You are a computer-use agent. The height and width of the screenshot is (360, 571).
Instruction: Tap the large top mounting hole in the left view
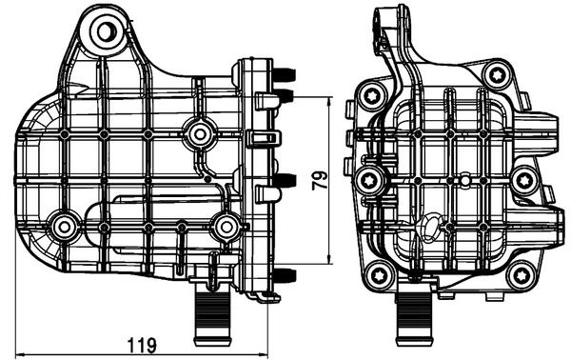tap(102, 34)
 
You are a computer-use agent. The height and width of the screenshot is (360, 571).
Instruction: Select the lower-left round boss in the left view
tap(65, 226)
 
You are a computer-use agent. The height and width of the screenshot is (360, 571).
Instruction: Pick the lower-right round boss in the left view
tap(226, 226)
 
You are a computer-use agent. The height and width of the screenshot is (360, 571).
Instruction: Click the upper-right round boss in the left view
tap(198, 134)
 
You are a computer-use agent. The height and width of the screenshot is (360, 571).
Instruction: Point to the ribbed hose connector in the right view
tap(416, 316)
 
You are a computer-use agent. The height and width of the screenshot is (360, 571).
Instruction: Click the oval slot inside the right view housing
tap(431, 227)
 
